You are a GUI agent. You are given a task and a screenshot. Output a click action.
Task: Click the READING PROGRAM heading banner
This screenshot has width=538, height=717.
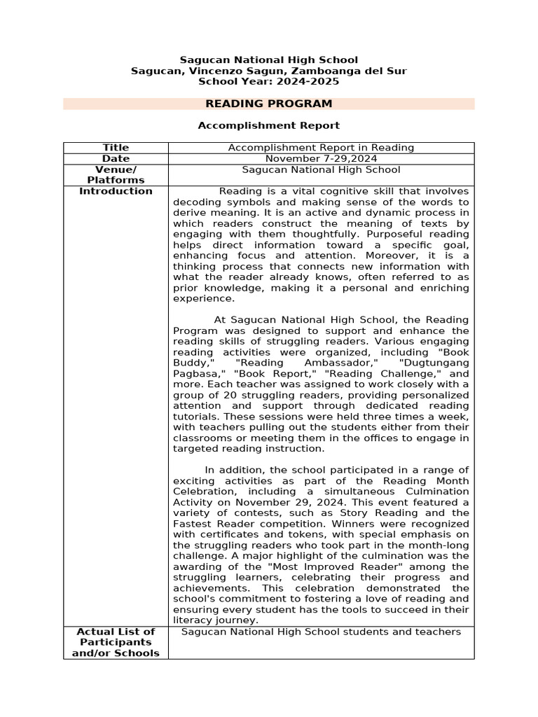point(268,104)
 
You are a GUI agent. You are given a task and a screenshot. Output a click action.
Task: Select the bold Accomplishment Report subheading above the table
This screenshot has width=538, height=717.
point(268,125)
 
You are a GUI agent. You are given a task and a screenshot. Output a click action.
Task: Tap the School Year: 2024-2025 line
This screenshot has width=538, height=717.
point(268,81)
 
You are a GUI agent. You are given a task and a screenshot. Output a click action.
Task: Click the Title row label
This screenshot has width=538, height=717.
point(116,148)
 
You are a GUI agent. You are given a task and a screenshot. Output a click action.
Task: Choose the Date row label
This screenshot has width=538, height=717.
point(116,159)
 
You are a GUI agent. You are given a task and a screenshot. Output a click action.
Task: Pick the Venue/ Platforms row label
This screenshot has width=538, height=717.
point(116,175)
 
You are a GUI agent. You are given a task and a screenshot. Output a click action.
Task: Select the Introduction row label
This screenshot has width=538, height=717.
point(116,191)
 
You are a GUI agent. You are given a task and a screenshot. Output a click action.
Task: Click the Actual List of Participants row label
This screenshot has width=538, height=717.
point(116,642)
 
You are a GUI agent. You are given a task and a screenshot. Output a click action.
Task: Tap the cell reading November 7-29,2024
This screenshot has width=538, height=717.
point(321,159)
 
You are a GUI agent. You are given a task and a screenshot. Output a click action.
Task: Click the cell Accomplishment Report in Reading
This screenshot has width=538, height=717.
point(321,148)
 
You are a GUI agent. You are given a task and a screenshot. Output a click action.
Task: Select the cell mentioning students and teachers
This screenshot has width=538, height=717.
point(321,632)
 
